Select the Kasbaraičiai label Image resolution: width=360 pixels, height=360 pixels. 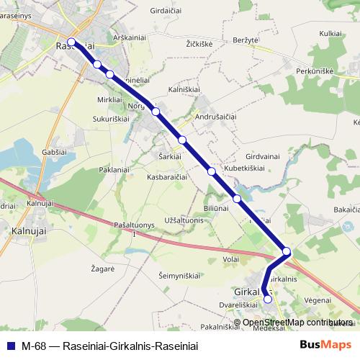pyautogui.click(x=167, y=176)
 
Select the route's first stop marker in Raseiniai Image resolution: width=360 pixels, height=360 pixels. pyautogui.click(x=72, y=42)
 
